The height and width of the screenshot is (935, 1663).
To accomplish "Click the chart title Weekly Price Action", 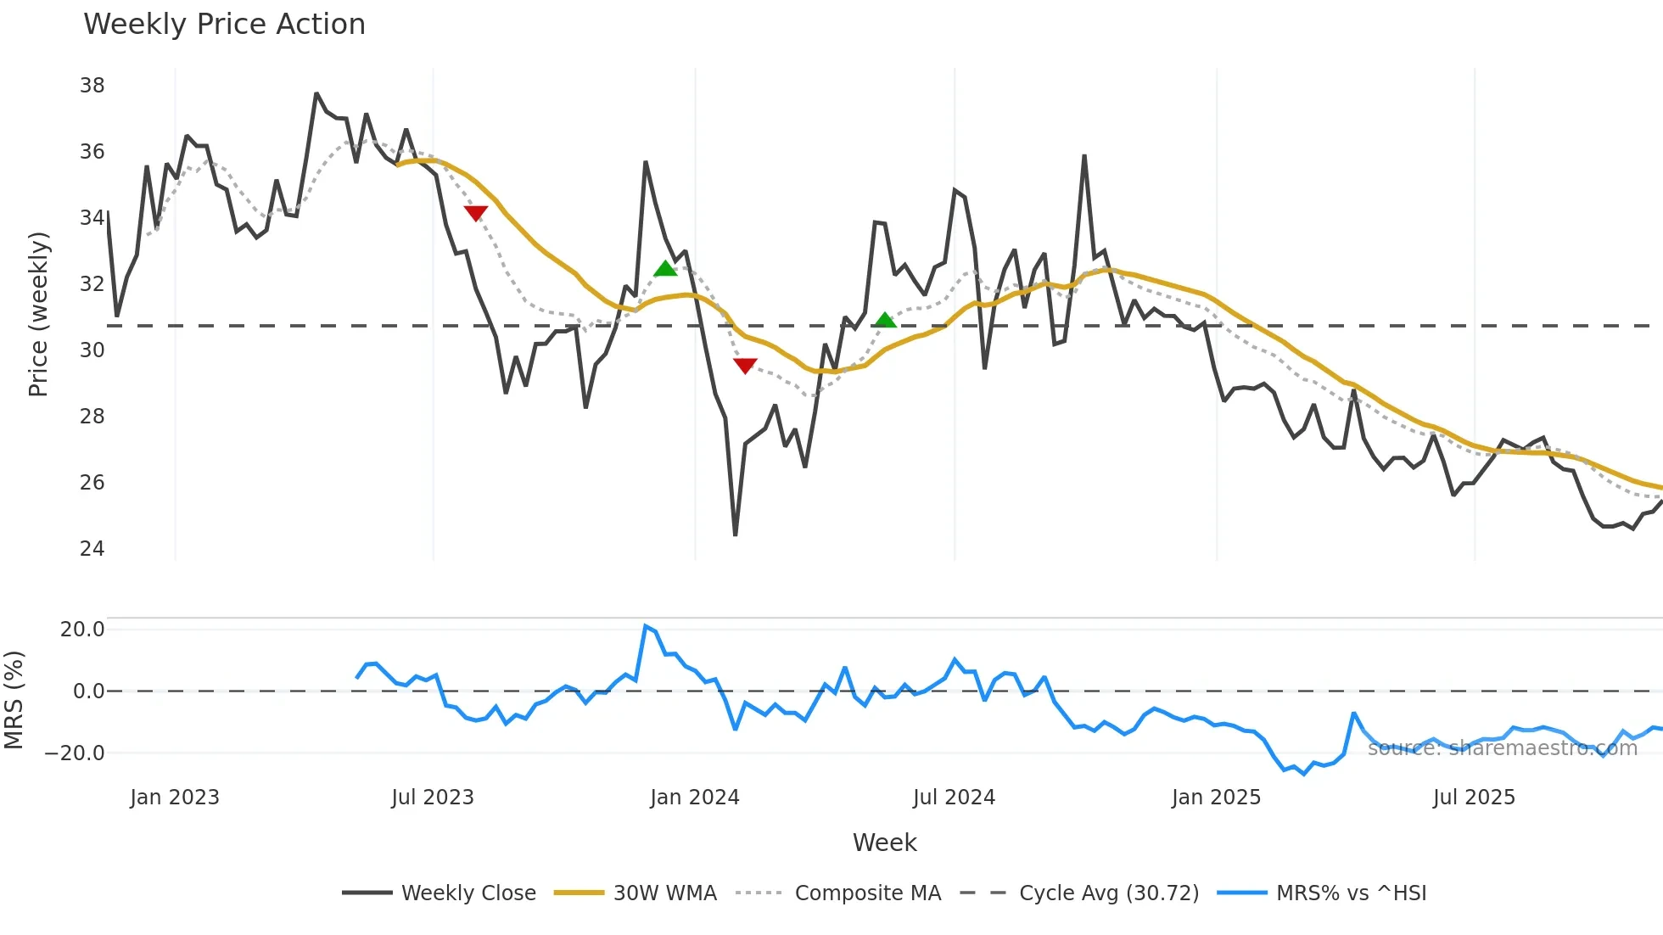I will [224, 25].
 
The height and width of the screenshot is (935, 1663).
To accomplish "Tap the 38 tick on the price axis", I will [92, 86].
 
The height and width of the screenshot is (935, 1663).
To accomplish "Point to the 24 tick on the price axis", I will [92, 549].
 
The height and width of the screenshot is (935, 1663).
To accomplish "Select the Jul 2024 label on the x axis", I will [954, 798].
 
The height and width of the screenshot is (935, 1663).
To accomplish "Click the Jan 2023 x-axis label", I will [175, 798].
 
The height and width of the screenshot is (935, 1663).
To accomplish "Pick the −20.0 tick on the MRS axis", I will [75, 753].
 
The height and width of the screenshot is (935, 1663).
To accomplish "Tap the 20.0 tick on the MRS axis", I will [82, 630].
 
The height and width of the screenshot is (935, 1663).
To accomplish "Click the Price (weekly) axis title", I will [38, 314].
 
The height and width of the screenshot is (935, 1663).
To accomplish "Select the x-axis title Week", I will [884, 843].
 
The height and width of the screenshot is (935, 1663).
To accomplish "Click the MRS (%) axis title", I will [14, 700].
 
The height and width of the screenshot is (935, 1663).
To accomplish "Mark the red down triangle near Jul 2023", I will [476, 213].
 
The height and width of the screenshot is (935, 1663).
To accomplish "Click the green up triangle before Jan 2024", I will [666, 269].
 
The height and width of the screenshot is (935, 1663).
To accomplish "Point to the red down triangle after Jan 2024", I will [745, 366].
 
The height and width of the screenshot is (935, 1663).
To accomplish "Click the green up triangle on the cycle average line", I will [885, 320].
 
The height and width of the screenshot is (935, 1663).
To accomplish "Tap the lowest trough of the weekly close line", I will [735, 535].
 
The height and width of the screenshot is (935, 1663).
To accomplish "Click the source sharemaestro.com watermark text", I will [1502, 748].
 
